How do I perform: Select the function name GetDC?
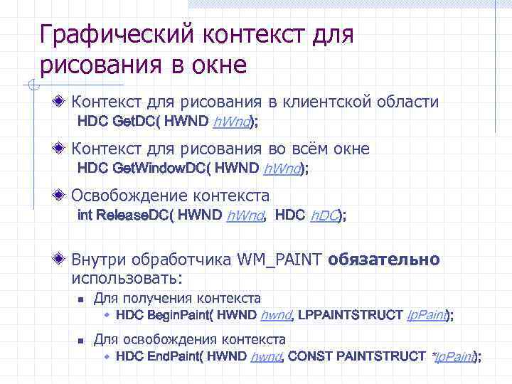pos(135,122)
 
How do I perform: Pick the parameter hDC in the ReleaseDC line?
pos(324,216)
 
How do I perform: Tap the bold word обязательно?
pos(384,260)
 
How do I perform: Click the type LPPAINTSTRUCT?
pos(350,315)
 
